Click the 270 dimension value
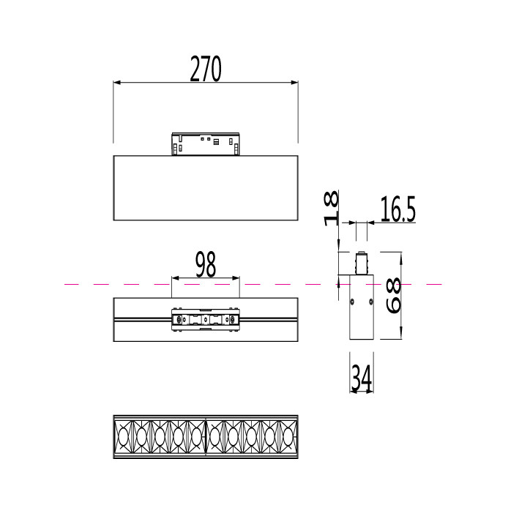point(206,69)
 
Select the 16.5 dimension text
point(397,209)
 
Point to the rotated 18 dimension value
point(331,208)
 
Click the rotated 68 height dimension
point(394,296)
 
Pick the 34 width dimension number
point(362,377)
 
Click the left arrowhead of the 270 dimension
point(117,83)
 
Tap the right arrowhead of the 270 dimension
point(294,83)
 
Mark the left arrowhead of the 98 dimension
point(176,278)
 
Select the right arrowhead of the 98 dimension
point(236,278)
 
